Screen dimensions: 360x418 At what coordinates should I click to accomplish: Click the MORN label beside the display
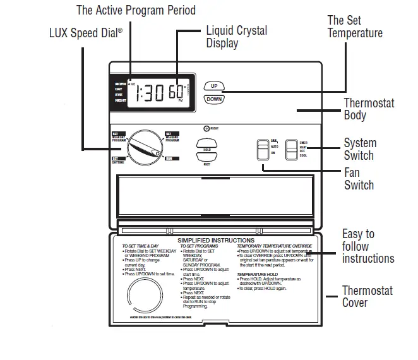click(x=120, y=83)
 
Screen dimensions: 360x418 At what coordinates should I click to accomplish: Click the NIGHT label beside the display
click(x=120, y=101)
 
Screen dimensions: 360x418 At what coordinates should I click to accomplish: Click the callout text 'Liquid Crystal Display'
click(x=236, y=37)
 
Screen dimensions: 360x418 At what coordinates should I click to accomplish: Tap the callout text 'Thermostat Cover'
click(x=367, y=297)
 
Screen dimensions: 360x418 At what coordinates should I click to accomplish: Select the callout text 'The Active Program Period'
click(x=136, y=10)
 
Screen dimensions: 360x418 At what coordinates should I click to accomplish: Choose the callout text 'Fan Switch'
click(x=359, y=179)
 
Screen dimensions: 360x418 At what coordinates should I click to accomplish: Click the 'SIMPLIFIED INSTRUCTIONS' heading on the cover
click(x=215, y=241)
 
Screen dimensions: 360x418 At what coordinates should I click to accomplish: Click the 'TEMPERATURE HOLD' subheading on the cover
click(x=258, y=274)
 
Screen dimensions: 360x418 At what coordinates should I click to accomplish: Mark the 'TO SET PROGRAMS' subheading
click(x=200, y=246)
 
